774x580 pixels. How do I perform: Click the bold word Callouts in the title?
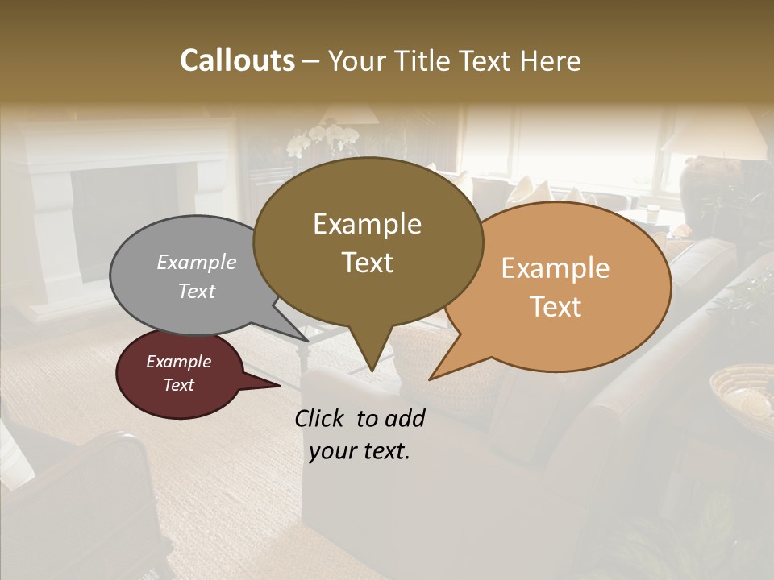[237, 60]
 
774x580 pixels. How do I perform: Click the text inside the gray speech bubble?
[196, 276]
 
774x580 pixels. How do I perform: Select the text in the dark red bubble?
[178, 373]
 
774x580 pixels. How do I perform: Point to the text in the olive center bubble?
[367, 242]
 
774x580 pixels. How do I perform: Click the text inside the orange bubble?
[556, 287]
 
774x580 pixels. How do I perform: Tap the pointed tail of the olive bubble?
[371, 362]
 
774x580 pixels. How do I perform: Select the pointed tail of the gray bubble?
[302, 337]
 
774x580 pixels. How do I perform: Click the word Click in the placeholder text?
[319, 418]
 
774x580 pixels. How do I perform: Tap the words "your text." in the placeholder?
[360, 451]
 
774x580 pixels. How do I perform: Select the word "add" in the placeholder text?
[405, 418]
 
